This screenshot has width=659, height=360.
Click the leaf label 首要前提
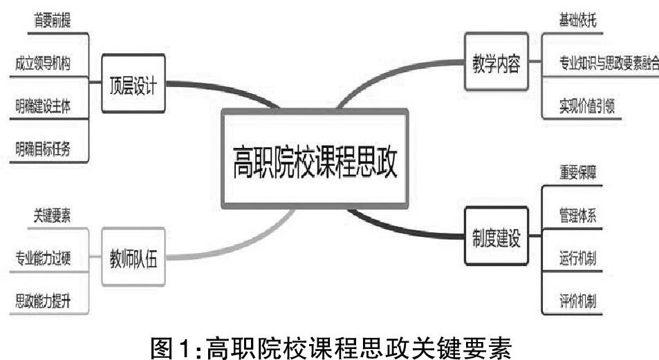pos(53,21)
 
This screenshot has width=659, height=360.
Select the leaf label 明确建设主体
pos(42,106)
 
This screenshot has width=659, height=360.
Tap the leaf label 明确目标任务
pos(42,148)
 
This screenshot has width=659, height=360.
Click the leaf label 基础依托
pos(577,21)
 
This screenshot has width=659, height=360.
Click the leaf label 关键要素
pos(53,216)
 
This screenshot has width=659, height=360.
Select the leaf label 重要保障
pos(577,173)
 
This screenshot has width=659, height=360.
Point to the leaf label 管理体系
pos(577,216)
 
